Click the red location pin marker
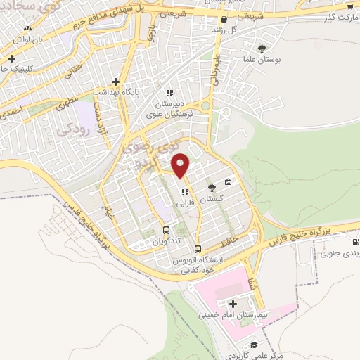pyautogui.click(x=181, y=165)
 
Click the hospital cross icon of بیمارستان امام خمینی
pyautogui.click(x=233, y=304)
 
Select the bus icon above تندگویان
pyautogui.click(x=166, y=229)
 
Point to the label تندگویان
pyautogui.click(x=166, y=241)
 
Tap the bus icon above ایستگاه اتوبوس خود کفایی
pyautogui.click(x=198, y=248)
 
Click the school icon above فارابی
pyautogui.click(x=185, y=192)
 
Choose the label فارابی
pyautogui.click(x=184, y=202)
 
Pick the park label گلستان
pyautogui.click(x=212, y=199)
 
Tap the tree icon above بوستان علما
pyautogui.click(x=262, y=49)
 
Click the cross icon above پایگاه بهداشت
pyautogui.click(x=115, y=82)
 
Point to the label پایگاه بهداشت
pyautogui.click(x=119, y=93)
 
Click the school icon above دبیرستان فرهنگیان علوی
pyautogui.click(x=169, y=92)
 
